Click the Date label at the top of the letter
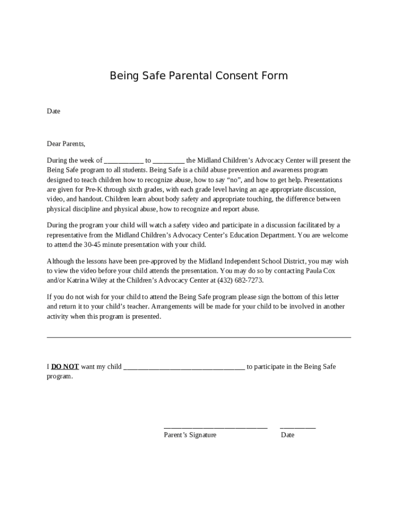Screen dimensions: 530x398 pyautogui.click(x=54, y=111)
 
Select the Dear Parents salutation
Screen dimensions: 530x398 pyautogui.click(x=66, y=144)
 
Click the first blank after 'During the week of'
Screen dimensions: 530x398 pyautogui.click(x=124, y=161)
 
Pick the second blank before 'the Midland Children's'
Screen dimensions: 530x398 pyautogui.click(x=169, y=161)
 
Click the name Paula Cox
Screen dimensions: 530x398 pyautogui.click(x=324, y=271)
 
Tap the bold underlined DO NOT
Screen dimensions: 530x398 pyautogui.click(x=65, y=366)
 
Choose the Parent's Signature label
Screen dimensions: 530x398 pyautogui.click(x=190, y=435)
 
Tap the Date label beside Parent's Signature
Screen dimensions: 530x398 pyautogui.click(x=288, y=435)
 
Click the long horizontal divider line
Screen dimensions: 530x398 pyautogui.click(x=199, y=337)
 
